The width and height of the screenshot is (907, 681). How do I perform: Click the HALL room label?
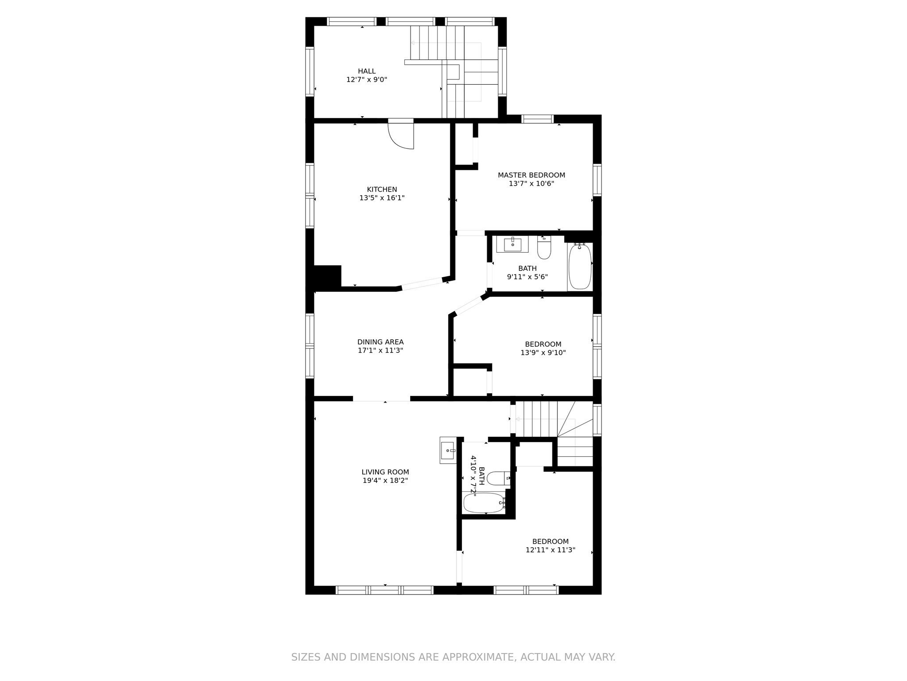pyautogui.click(x=367, y=71)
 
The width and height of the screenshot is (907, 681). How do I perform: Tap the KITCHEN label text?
pyautogui.click(x=382, y=189)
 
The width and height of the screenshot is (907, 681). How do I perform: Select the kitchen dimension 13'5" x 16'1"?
pyautogui.click(x=382, y=198)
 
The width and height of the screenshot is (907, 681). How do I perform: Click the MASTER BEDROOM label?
pyautogui.click(x=531, y=175)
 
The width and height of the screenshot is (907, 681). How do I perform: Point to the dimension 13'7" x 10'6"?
pyautogui.click(x=531, y=184)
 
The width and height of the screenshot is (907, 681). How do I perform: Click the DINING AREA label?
pyautogui.click(x=380, y=342)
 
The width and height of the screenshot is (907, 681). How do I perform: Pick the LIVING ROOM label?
pyautogui.click(x=385, y=472)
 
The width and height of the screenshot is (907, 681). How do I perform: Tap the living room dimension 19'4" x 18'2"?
pyautogui.click(x=385, y=481)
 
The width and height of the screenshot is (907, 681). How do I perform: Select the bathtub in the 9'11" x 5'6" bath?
pyautogui.click(x=580, y=266)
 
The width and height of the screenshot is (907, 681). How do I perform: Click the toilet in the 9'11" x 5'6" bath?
pyautogui.click(x=544, y=248)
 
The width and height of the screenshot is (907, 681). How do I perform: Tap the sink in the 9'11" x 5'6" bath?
pyautogui.click(x=512, y=244)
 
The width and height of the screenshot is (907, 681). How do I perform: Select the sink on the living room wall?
pyautogui.click(x=448, y=450)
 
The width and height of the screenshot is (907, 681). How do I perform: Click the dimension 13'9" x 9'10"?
pyautogui.click(x=543, y=353)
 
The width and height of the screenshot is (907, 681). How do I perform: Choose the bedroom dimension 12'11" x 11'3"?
pyautogui.click(x=550, y=550)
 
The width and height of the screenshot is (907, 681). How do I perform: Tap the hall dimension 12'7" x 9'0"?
pyautogui.click(x=367, y=80)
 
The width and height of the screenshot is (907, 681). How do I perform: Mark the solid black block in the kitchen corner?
pyautogui.click(x=327, y=278)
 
